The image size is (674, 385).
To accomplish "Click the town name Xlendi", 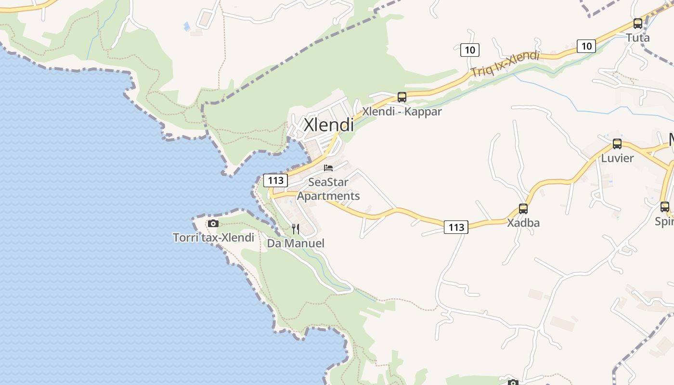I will [329, 125].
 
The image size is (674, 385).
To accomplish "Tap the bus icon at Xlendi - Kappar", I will [402, 97].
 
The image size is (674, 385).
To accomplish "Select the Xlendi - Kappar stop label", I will [402, 112].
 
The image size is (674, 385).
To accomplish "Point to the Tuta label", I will [638, 38].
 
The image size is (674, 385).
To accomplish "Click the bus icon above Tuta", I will [638, 24].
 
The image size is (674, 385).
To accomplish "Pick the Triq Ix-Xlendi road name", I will [505, 64].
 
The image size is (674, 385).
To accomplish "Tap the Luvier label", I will [617, 158].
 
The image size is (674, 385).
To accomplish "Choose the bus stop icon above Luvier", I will [617, 143].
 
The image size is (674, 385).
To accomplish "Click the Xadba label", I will [523, 223].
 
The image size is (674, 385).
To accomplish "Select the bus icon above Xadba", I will [523, 209].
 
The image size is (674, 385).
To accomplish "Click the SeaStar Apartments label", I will [328, 189].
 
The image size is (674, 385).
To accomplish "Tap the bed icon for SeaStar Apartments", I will [328, 168].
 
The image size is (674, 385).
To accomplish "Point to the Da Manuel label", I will [296, 244].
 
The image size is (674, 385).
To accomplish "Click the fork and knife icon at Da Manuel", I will [296, 229].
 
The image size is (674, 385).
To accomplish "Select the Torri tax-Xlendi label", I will [213, 237].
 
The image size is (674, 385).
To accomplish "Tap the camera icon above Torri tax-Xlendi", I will [213, 223].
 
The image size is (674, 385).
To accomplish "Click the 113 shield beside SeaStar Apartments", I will [276, 180].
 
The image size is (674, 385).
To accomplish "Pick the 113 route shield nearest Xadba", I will [456, 227].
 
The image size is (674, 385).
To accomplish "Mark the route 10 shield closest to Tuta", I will [586, 46].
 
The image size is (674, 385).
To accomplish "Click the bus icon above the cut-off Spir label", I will [665, 207].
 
